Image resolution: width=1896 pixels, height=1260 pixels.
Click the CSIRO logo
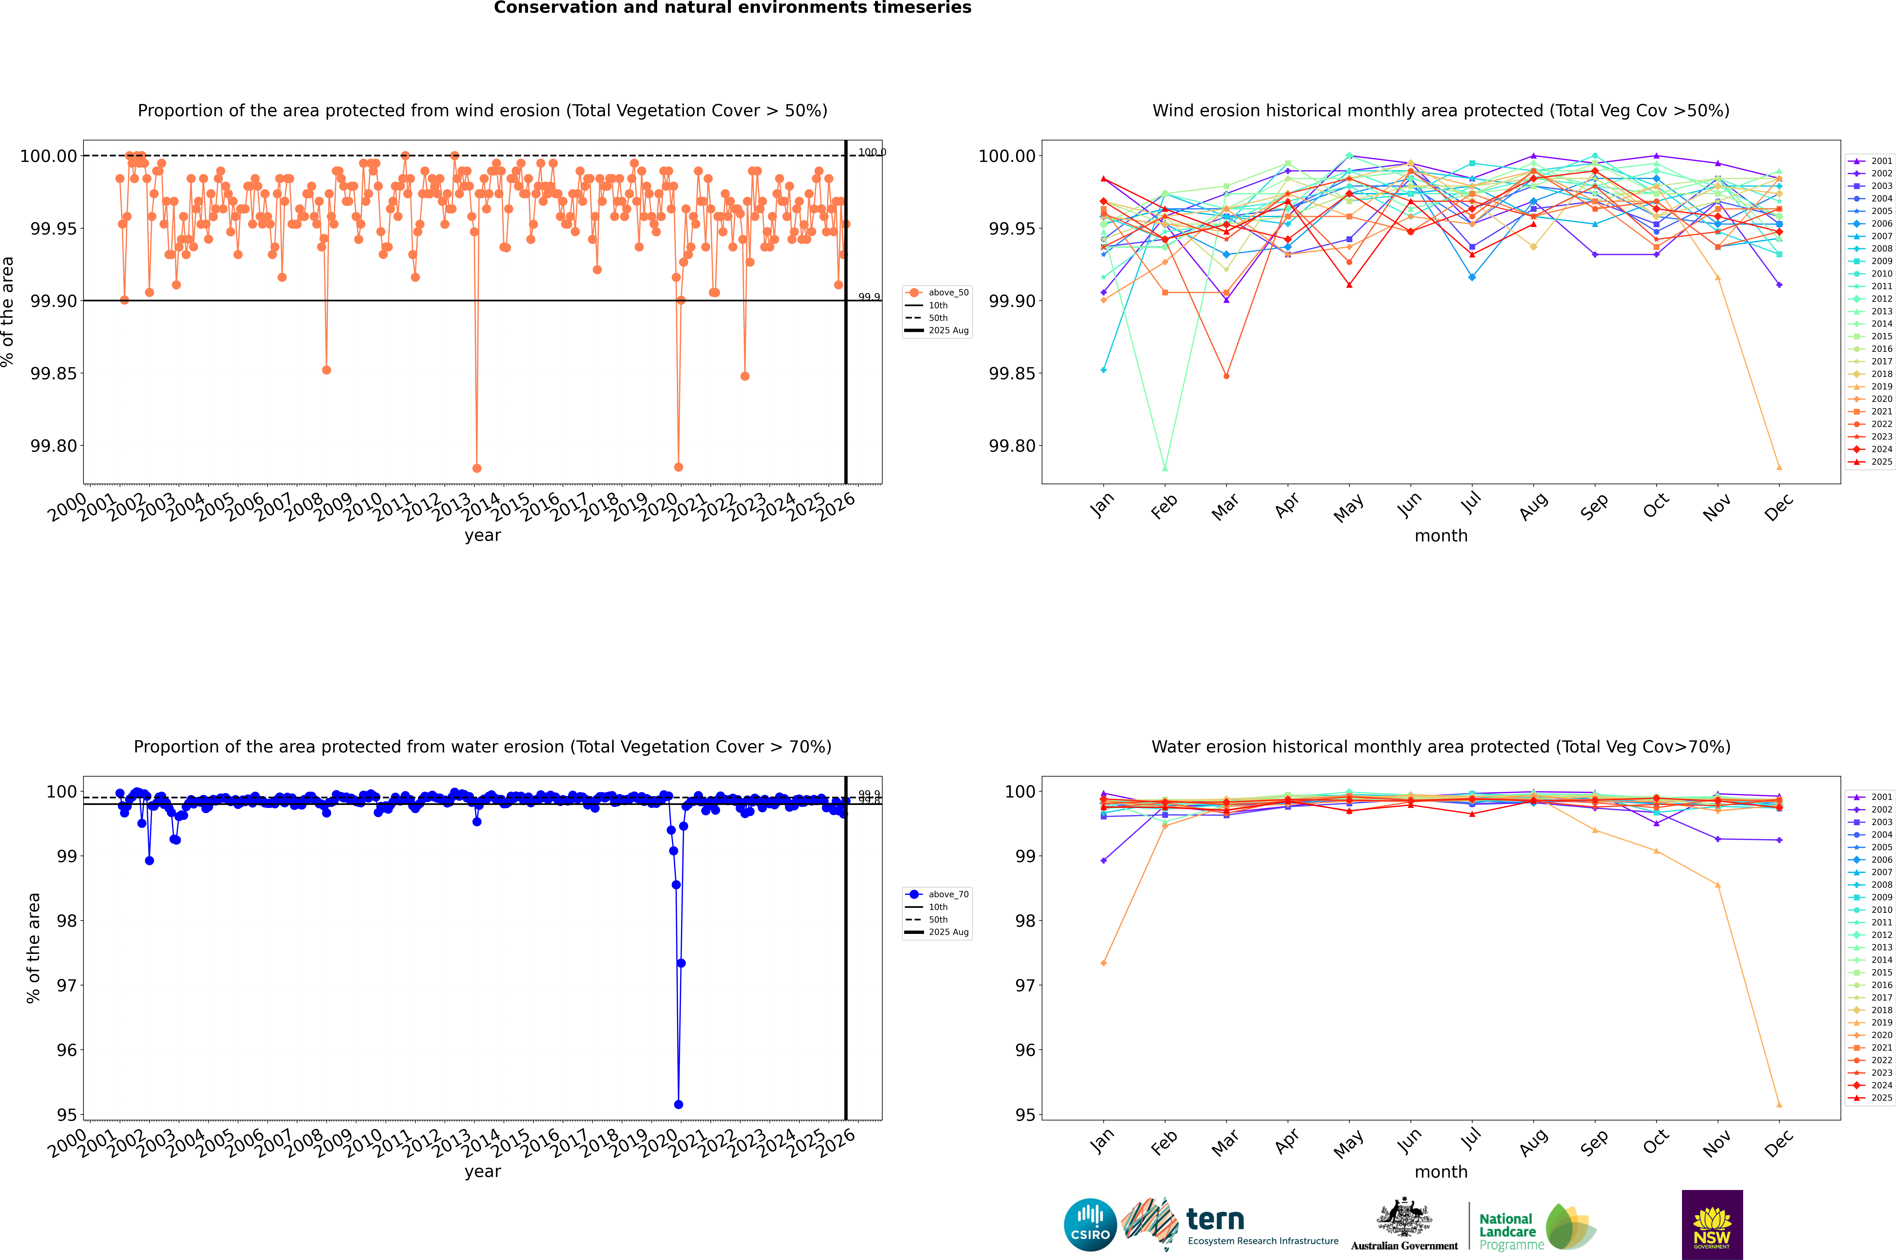[1090, 1225]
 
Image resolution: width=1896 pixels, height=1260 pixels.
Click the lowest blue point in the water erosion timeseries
[678, 1104]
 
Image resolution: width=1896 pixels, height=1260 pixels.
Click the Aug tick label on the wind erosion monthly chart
[1534, 506]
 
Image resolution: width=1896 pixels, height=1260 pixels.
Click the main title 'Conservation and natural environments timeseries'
[732, 8]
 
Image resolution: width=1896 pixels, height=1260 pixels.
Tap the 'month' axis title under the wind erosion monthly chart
[1441, 536]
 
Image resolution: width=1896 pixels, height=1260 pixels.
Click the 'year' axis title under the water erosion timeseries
[482, 1172]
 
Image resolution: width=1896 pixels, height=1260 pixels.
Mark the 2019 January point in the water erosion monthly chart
[1104, 963]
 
